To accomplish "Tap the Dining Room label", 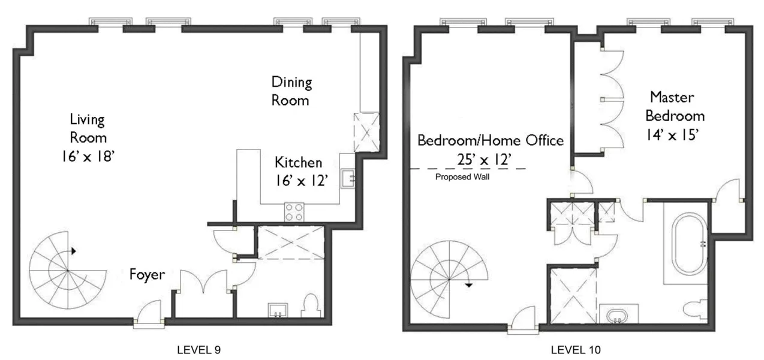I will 291,91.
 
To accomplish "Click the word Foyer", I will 147,275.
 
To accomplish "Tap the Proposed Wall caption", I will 462,177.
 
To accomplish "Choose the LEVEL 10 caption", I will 576,349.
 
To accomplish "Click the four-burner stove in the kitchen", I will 294,212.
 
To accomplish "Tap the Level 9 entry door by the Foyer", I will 148,314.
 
